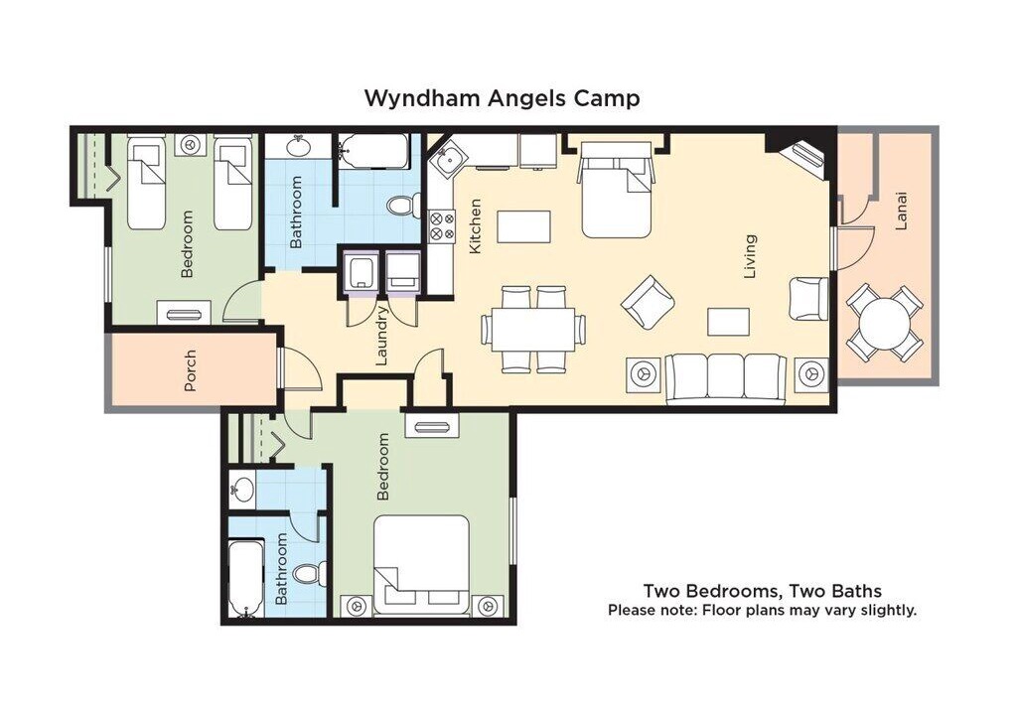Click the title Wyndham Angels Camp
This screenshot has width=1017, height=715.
(x=502, y=98)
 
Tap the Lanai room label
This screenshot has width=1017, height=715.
(x=901, y=211)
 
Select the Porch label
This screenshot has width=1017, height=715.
(x=190, y=371)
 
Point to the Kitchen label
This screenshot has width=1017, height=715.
(x=476, y=225)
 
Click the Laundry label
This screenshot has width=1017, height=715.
(x=381, y=336)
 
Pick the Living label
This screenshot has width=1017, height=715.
(x=750, y=256)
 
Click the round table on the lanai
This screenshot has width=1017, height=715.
(x=885, y=323)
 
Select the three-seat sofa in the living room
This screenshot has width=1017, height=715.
(x=726, y=378)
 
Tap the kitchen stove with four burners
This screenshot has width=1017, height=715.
(x=441, y=224)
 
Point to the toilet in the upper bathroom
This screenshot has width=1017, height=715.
(x=403, y=206)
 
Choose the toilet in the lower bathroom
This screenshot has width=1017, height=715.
(x=309, y=574)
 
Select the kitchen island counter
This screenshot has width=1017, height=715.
(x=524, y=226)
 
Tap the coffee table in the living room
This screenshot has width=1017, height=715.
(x=728, y=323)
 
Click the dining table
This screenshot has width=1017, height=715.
(x=533, y=329)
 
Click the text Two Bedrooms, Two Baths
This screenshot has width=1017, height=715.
(x=762, y=591)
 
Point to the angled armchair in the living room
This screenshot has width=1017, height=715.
(x=648, y=302)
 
